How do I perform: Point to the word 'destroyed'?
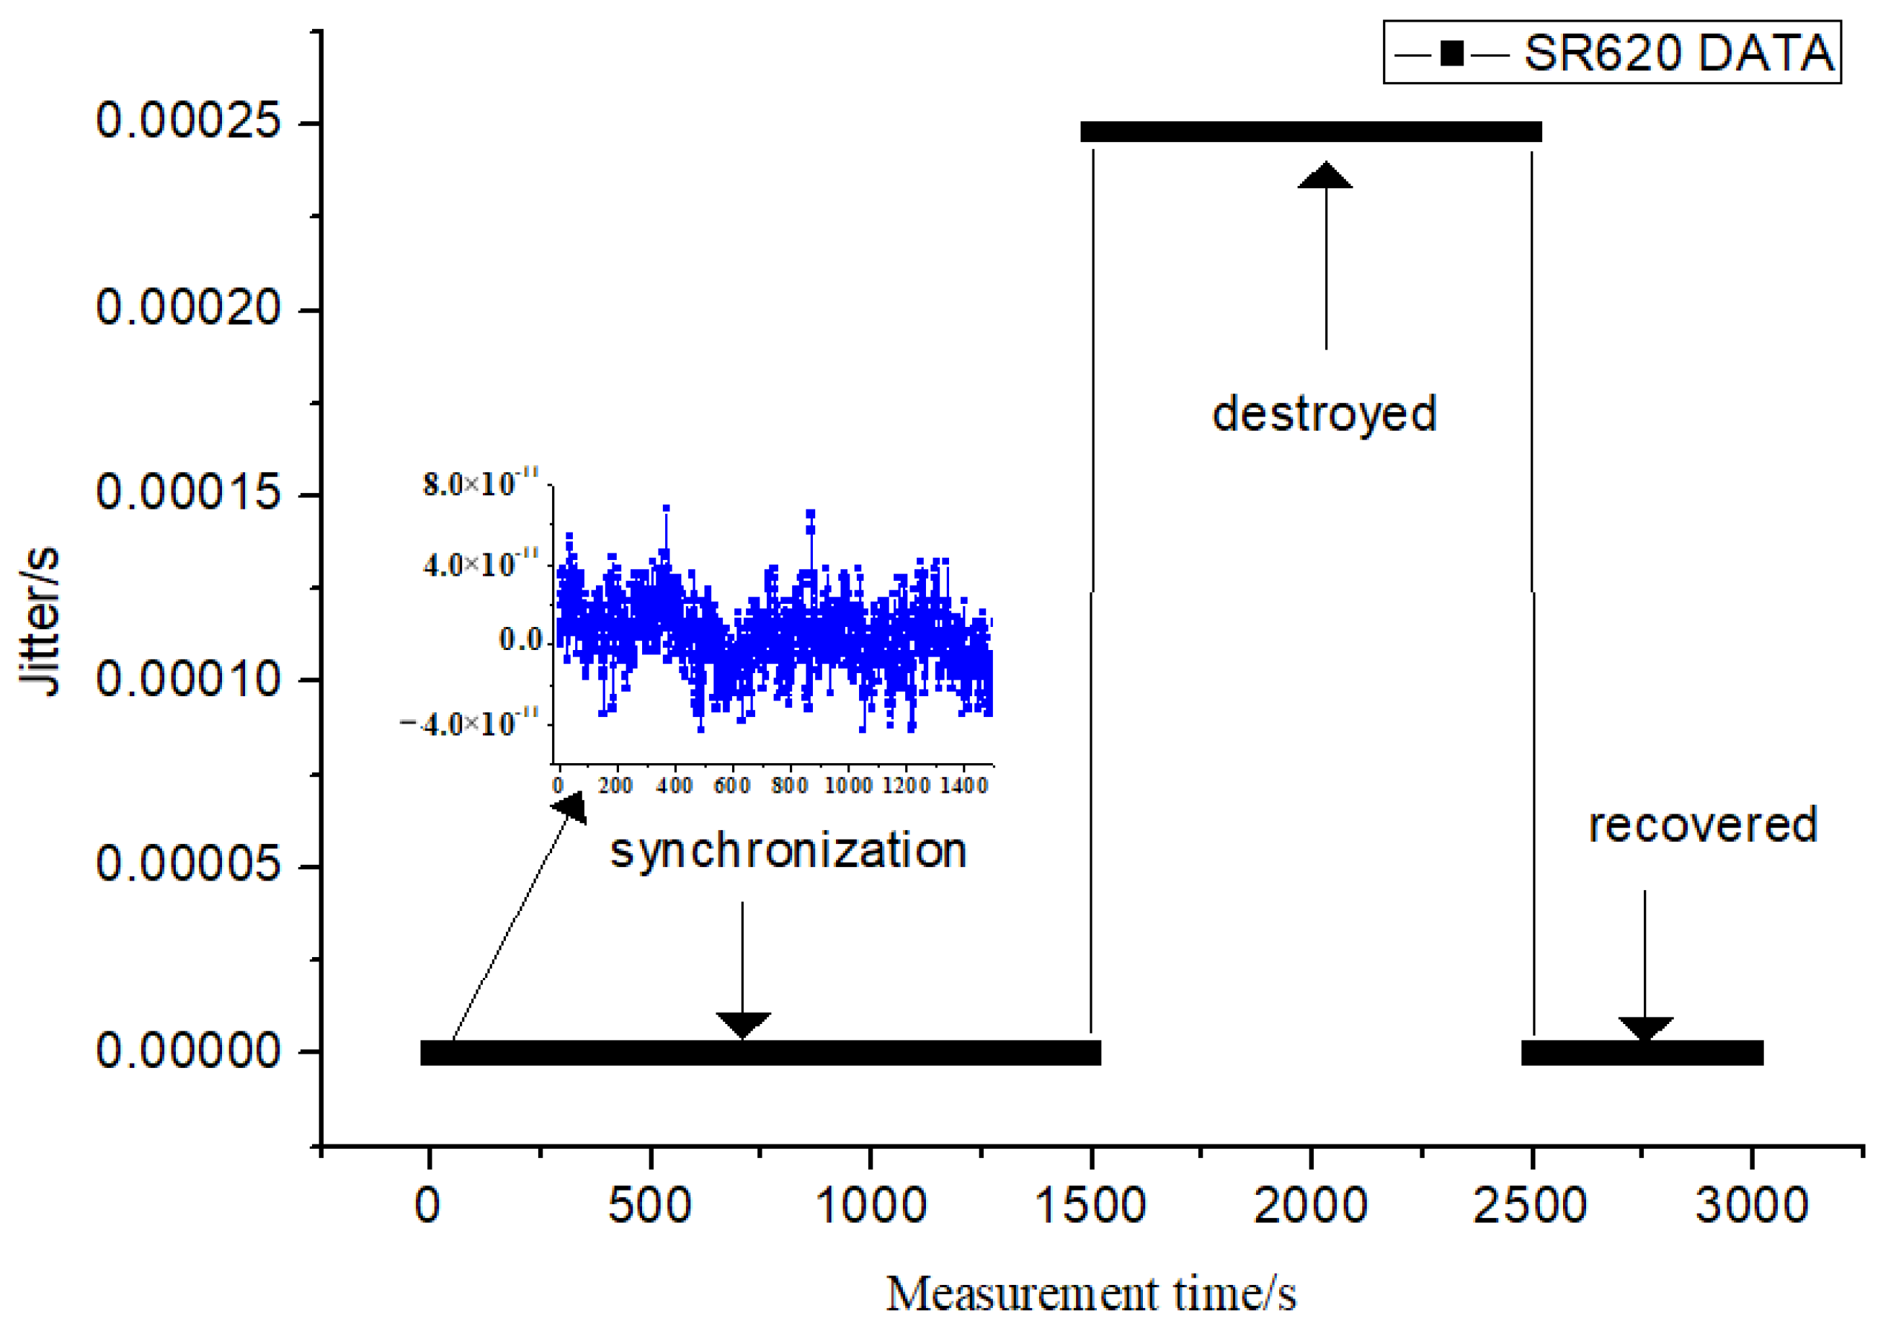1325,414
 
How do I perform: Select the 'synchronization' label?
788,851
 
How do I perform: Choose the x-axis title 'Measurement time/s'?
1091,1294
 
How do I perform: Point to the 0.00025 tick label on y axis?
189,121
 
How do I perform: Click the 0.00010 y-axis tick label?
189,680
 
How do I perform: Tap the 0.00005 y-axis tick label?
189,865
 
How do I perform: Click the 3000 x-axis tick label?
1752,1206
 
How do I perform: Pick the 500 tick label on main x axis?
649,1206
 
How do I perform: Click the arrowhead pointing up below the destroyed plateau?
1325,177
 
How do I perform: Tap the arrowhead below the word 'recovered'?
1645,1028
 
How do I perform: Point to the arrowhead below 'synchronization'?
743,1024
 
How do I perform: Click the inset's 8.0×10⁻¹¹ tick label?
481,483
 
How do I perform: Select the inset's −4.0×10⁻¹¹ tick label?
469,724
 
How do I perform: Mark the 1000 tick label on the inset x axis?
847,786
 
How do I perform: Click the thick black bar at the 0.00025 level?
1311,131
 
